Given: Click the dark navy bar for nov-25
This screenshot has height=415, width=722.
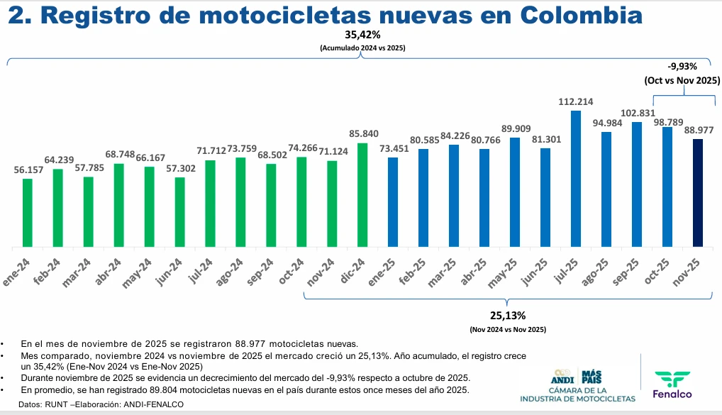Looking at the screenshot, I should [x=698, y=194].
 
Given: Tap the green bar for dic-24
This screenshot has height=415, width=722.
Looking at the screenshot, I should [x=362, y=196].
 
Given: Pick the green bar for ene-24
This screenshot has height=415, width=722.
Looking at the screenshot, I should [x=28, y=213].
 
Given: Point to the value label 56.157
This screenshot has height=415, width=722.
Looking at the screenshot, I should [x=28, y=170].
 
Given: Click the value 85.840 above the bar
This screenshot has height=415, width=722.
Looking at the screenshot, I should [x=362, y=134].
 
